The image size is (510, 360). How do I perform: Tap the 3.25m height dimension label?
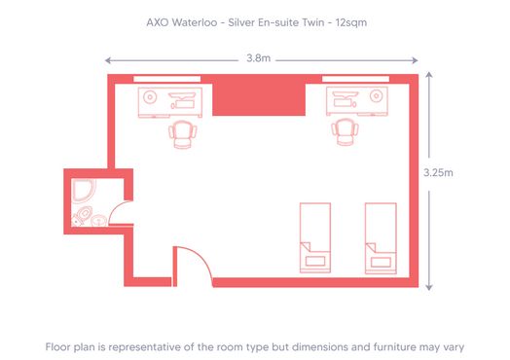click(438, 172)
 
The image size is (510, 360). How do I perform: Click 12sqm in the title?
click(347, 18)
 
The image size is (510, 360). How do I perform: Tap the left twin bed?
click(313, 236)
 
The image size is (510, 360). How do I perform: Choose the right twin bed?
click(380, 236)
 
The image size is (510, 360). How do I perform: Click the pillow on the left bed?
click(313, 259)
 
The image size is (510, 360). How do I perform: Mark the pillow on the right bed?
click(380, 259)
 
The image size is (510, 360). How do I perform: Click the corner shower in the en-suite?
click(84, 190)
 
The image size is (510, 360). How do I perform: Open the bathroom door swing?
click(118, 211)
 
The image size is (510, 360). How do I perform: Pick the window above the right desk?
click(355, 79)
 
